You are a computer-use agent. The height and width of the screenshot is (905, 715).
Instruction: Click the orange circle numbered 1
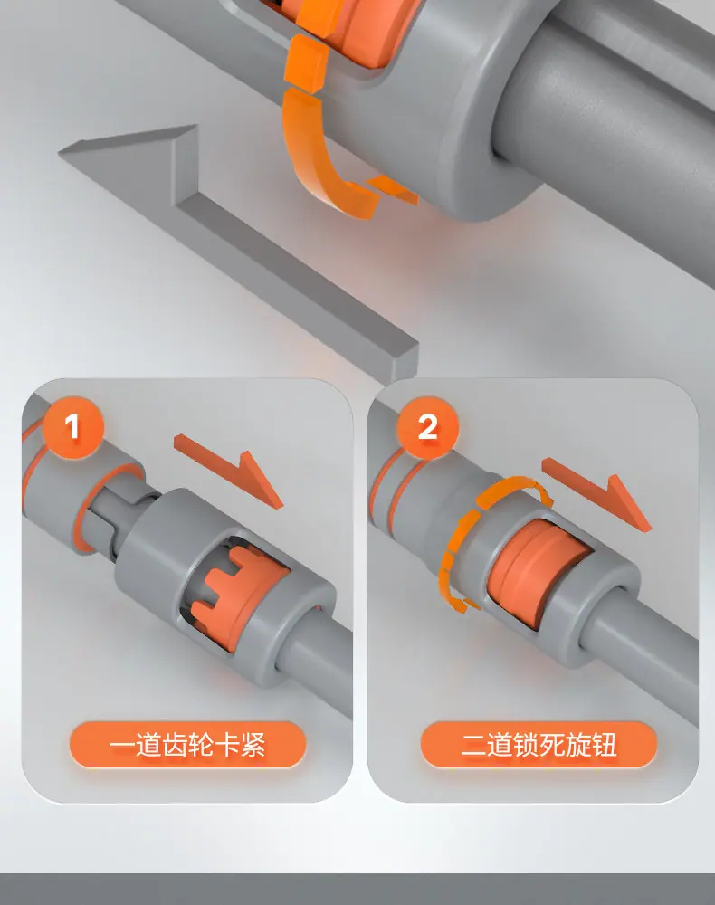click(x=72, y=427)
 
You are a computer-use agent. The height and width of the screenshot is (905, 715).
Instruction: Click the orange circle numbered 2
click(x=427, y=427)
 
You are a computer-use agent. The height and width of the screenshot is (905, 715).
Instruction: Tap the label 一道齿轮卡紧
click(x=187, y=745)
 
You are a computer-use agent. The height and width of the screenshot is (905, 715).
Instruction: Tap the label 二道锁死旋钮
click(x=539, y=745)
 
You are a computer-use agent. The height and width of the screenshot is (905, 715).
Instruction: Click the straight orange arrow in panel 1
click(x=228, y=469)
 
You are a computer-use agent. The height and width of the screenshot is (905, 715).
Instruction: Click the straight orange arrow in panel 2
click(x=596, y=492)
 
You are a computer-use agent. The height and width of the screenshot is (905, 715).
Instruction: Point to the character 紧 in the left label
click(x=253, y=745)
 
